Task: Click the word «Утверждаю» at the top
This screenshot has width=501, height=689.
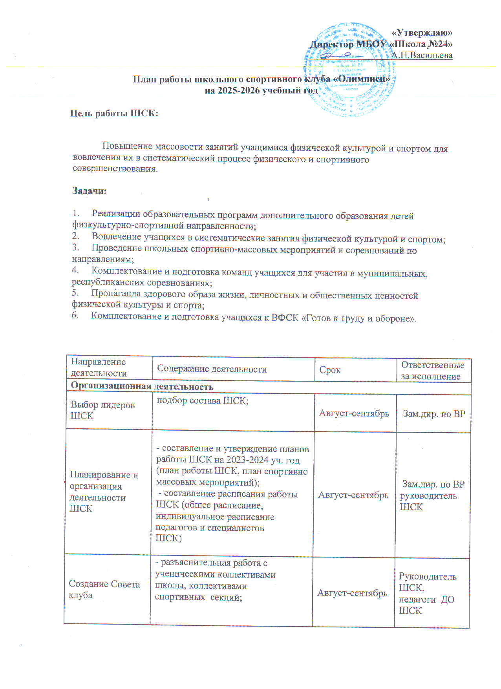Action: tap(422, 33)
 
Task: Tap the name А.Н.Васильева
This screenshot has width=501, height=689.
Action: tap(422, 55)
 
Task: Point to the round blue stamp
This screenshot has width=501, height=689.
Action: tap(349, 71)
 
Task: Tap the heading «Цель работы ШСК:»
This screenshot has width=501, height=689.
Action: tap(114, 113)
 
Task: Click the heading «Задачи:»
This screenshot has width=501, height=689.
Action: tap(90, 191)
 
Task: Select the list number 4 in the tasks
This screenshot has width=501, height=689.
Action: tap(75, 270)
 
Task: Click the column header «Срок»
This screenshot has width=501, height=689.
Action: tap(330, 370)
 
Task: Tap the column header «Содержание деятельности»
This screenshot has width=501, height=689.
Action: tap(212, 369)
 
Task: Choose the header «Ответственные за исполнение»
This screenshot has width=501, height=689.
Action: tap(432, 371)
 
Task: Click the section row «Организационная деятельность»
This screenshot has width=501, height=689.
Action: tap(142, 386)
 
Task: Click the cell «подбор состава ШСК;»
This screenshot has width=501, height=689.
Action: tap(203, 401)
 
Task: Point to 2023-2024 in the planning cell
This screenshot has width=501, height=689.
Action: tap(246, 460)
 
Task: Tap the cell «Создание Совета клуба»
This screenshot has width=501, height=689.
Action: tap(104, 590)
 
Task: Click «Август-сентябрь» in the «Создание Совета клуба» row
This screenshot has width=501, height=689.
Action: tap(352, 593)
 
